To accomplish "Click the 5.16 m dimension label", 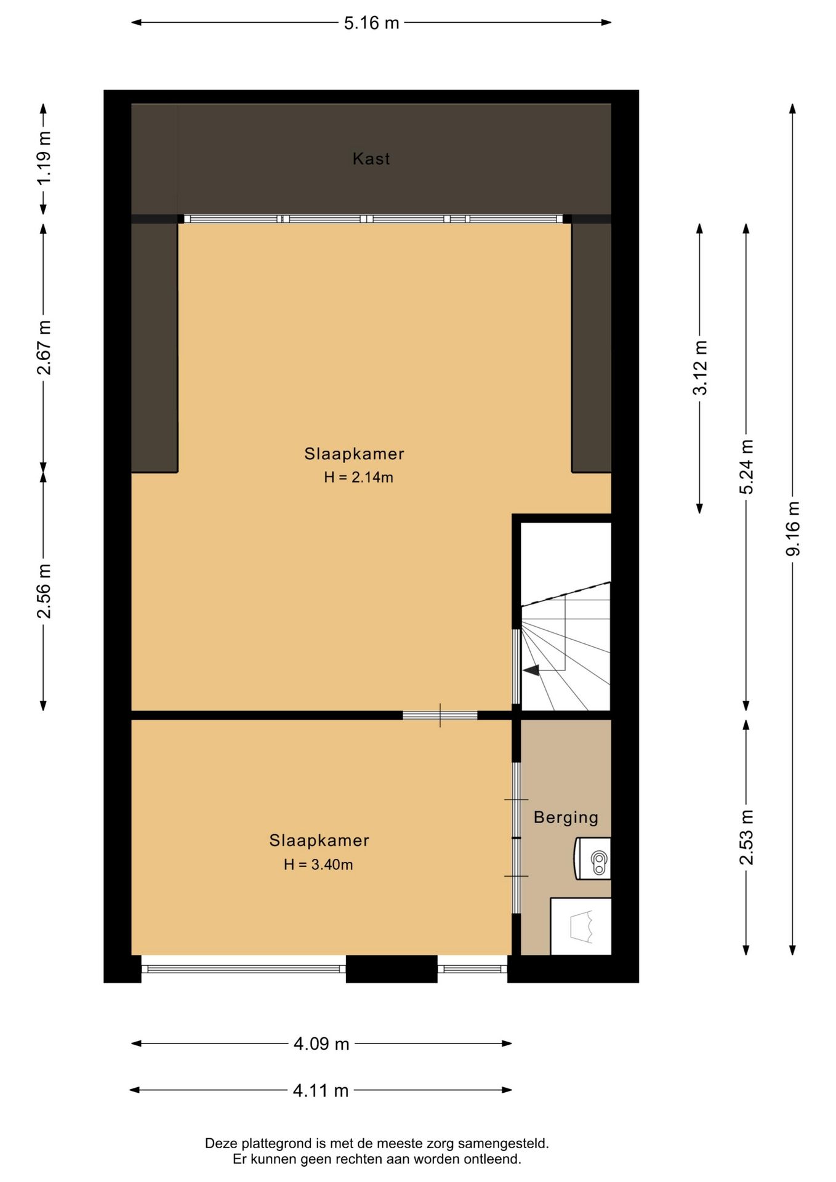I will [371, 23].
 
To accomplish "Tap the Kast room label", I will [371, 159].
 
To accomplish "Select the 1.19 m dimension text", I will [44, 158].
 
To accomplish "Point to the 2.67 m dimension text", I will [44, 348].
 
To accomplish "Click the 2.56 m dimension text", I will [44, 590].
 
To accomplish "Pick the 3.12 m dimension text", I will [700, 368].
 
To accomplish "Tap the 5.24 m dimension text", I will [746, 467].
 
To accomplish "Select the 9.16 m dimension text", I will [793, 528].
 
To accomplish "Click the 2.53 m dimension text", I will [746, 837].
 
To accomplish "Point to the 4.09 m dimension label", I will [321, 1044].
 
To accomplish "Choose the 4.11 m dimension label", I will [321, 1091].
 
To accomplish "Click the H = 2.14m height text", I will [358, 477].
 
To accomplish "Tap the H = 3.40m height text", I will [318, 864].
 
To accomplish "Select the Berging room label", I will [566, 818].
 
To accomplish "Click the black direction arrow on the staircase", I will [531, 670].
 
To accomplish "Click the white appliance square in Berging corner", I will [581, 927].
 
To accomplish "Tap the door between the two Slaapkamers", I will [440, 715].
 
